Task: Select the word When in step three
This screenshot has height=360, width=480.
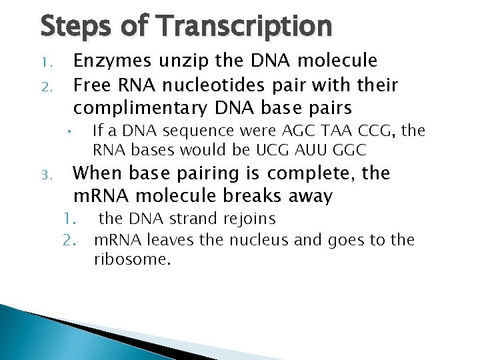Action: coord(97,174)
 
